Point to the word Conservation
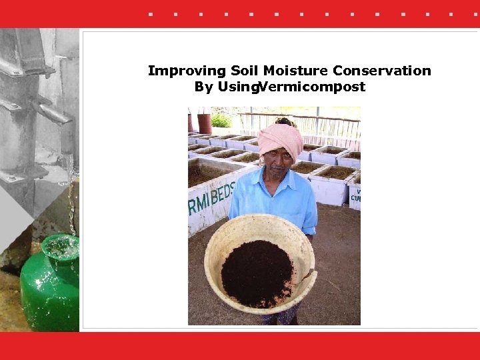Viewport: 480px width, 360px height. point(382,71)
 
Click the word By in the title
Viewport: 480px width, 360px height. point(203,87)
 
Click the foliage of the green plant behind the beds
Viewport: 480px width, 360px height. point(221,120)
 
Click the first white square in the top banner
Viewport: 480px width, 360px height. point(151,13)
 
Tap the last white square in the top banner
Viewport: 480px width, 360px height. point(451,13)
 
